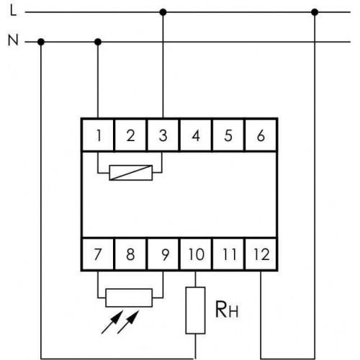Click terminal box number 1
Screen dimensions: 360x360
click(x=98, y=135)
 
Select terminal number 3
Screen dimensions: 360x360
click(x=163, y=135)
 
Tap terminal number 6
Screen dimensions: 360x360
click(x=261, y=135)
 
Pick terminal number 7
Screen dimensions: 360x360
click(x=98, y=254)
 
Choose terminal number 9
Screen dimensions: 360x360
click(x=163, y=254)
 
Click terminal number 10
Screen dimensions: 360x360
click(x=196, y=254)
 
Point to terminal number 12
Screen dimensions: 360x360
click(x=261, y=254)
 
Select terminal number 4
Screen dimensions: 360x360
click(x=196, y=135)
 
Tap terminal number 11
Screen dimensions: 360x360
click(x=228, y=254)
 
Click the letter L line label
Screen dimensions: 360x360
click(x=14, y=11)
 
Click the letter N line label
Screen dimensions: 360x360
click(x=13, y=40)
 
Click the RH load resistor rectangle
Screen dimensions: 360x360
click(x=195, y=310)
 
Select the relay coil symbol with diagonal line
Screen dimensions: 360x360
click(x=131, y=173)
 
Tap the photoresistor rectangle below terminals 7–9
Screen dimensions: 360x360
click(x=129, y=297)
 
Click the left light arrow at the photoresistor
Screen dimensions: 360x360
click(x=112, y=322)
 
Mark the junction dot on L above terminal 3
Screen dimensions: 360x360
click(x=163, y=12)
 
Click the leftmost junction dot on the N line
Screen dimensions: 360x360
click(x=41, y=42)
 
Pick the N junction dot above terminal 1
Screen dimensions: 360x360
click(x=98, y=42)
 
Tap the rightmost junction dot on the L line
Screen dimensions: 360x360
click(x=315, y=12)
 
